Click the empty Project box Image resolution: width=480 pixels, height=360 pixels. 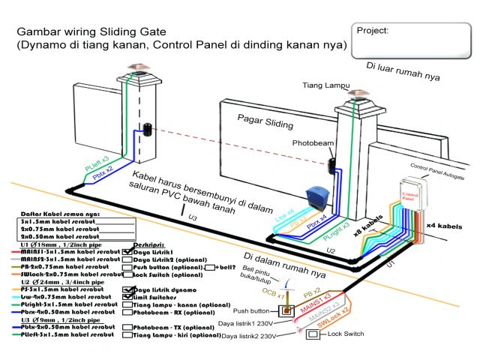[x=412, y=41]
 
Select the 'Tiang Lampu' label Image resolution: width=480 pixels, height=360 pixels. [x=321, y=85]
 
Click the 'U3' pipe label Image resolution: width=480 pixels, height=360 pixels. [x=193, y=217]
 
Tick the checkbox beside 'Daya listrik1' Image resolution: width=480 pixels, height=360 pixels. [x=127, y=250]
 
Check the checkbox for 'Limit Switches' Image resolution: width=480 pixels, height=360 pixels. [x=127, y=297]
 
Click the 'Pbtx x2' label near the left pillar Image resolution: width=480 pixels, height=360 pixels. [x=103, y=169]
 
